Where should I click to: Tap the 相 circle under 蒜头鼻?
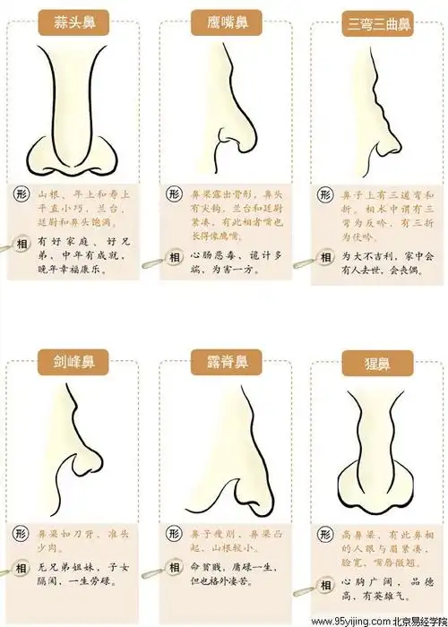click(x=21, y=242)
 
